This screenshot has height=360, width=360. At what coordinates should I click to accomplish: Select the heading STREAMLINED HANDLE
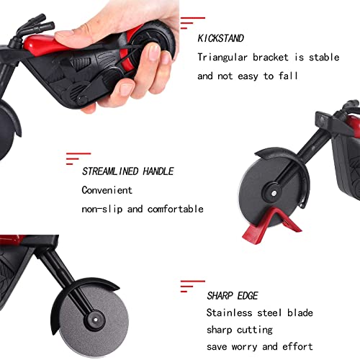coord(127,171)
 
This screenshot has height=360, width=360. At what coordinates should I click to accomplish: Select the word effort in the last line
coord(297,347)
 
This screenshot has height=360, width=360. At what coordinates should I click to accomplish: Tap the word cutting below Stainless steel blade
coord(256,330)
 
